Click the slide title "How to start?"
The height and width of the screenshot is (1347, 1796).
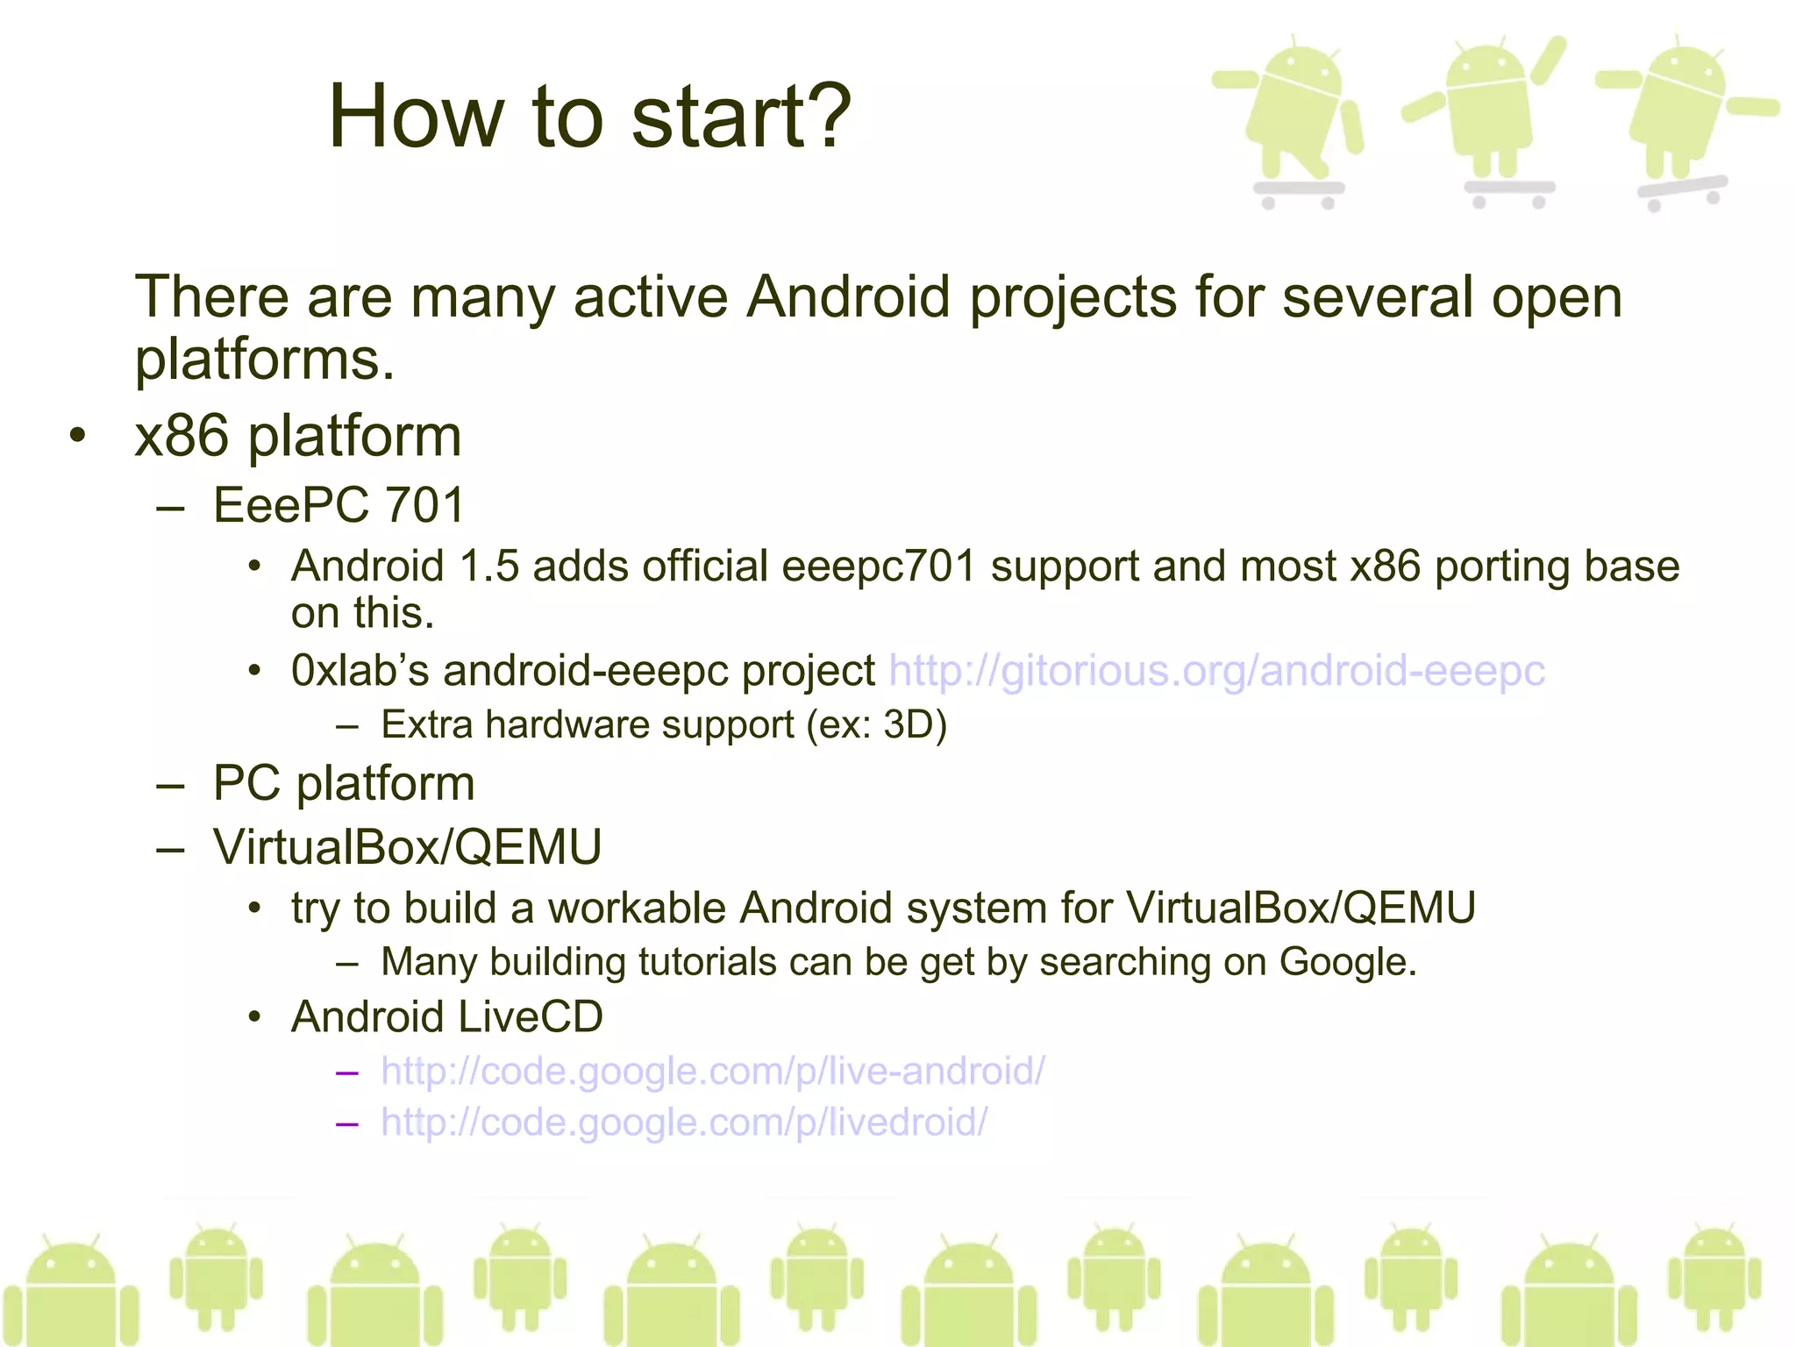[589, 116]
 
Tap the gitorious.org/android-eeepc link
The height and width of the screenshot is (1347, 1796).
[1216, 671]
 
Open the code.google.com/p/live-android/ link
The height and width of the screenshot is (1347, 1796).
[712, 1071]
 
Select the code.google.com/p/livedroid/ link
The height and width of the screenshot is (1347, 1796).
[684, 1122]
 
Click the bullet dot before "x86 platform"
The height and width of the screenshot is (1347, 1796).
[78, 436]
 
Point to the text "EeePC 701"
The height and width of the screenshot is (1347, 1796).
[339, 505]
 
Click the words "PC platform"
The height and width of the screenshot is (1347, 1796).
[344, 783]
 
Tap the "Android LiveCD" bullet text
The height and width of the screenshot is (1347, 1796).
[447, 1017]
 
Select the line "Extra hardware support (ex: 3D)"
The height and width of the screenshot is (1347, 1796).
[664, 725]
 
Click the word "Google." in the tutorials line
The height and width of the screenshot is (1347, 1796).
[1348, 962]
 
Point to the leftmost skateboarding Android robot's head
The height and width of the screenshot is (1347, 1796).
[1304, 70]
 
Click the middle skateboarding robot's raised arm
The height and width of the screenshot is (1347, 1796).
[1547, 60]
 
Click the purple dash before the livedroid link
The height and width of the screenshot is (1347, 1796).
[347, 1123]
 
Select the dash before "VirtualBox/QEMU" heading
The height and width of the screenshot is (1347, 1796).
[170, 848]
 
